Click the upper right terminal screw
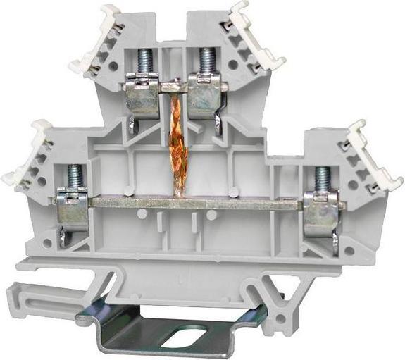pyautogui.click(x=206, y=60)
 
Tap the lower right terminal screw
pyautogui.click(x=323, y=179)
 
